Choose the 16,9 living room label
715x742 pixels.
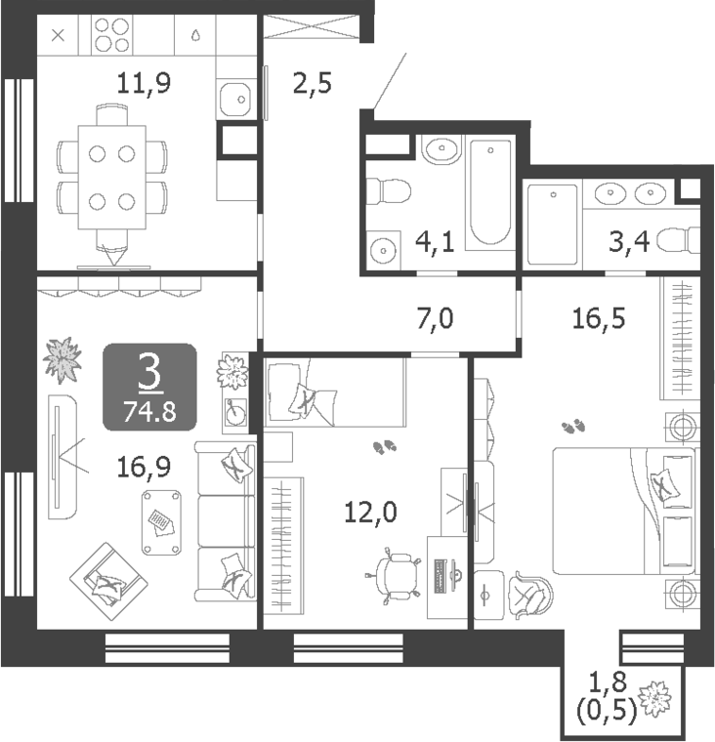pos(143,467)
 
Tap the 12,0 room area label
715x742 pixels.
pos(371,511)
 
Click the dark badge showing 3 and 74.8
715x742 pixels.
pos(150,388)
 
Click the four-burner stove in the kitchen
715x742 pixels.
pos(110,36)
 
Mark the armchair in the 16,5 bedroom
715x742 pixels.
pos(528,591)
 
